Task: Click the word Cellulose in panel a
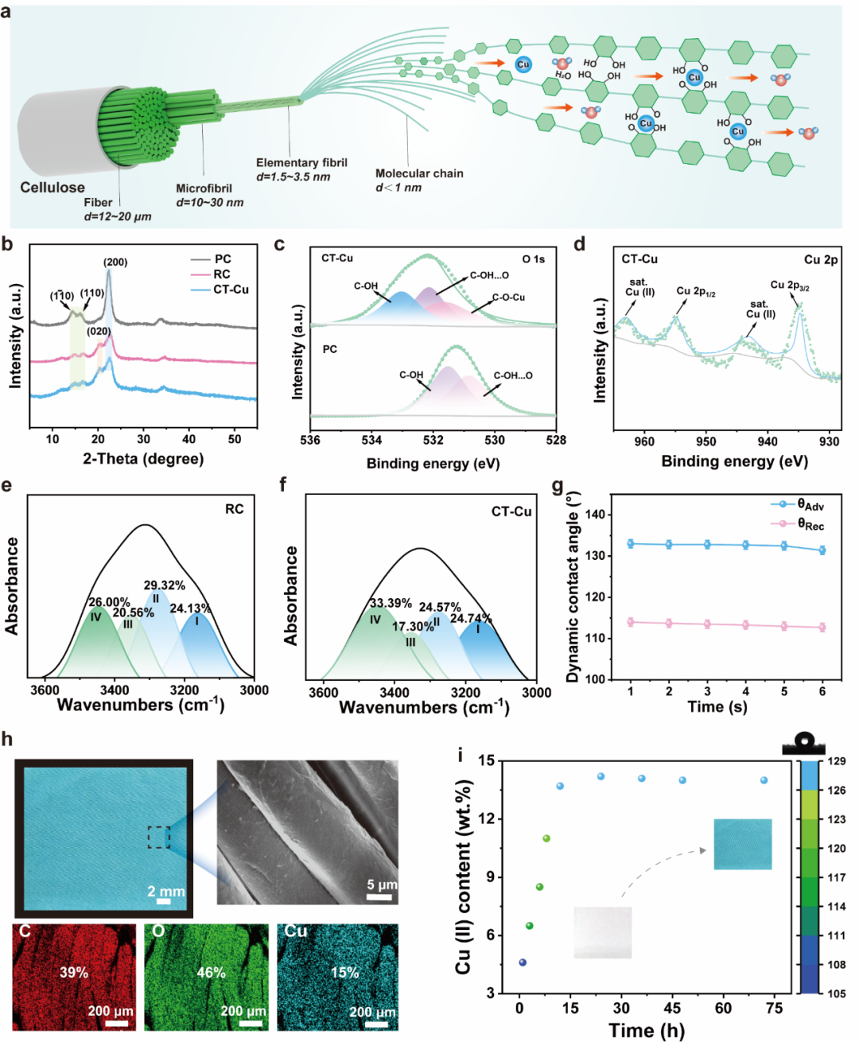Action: click(52, 188)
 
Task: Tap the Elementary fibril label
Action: click(301, 162)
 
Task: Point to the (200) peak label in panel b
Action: click(115, 262)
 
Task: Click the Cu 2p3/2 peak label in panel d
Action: click(789, 286)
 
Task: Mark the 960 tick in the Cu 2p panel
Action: click(643, 441)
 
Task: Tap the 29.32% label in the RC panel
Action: click(165, 585)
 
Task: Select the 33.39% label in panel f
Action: click(391, 604)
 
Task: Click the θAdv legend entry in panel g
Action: click(810, 505)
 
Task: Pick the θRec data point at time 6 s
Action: click(822, 628)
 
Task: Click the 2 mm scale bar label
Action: click(165, 892)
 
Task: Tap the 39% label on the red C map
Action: click(74, 972)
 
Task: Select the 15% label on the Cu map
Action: click(344, 972)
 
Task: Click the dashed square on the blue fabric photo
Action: click(158, 837)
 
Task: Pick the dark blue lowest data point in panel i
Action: click(523, 962)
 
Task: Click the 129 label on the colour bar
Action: click(836, 761)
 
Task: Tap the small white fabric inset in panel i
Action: click(602, 932)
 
